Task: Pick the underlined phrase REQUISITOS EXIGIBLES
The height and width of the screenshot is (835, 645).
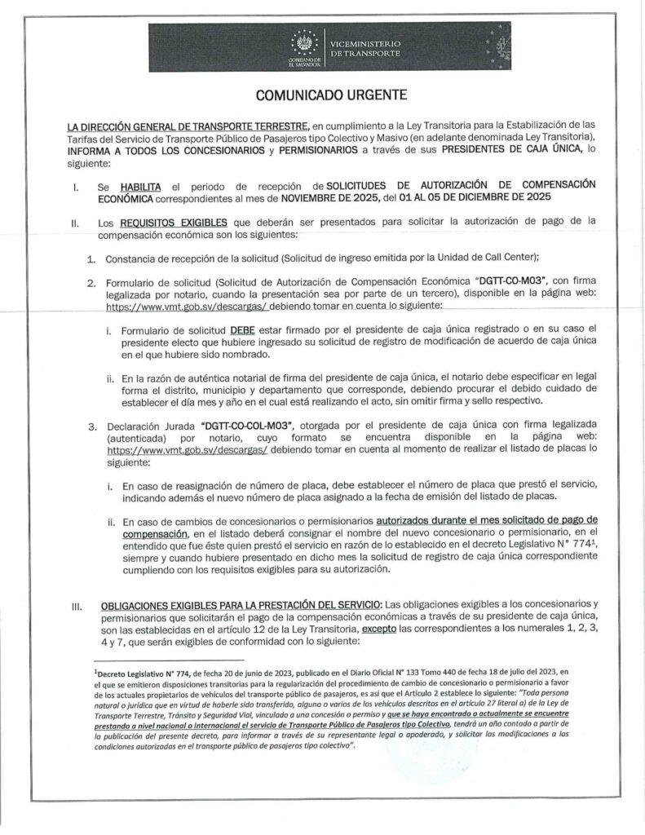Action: point(160,221)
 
